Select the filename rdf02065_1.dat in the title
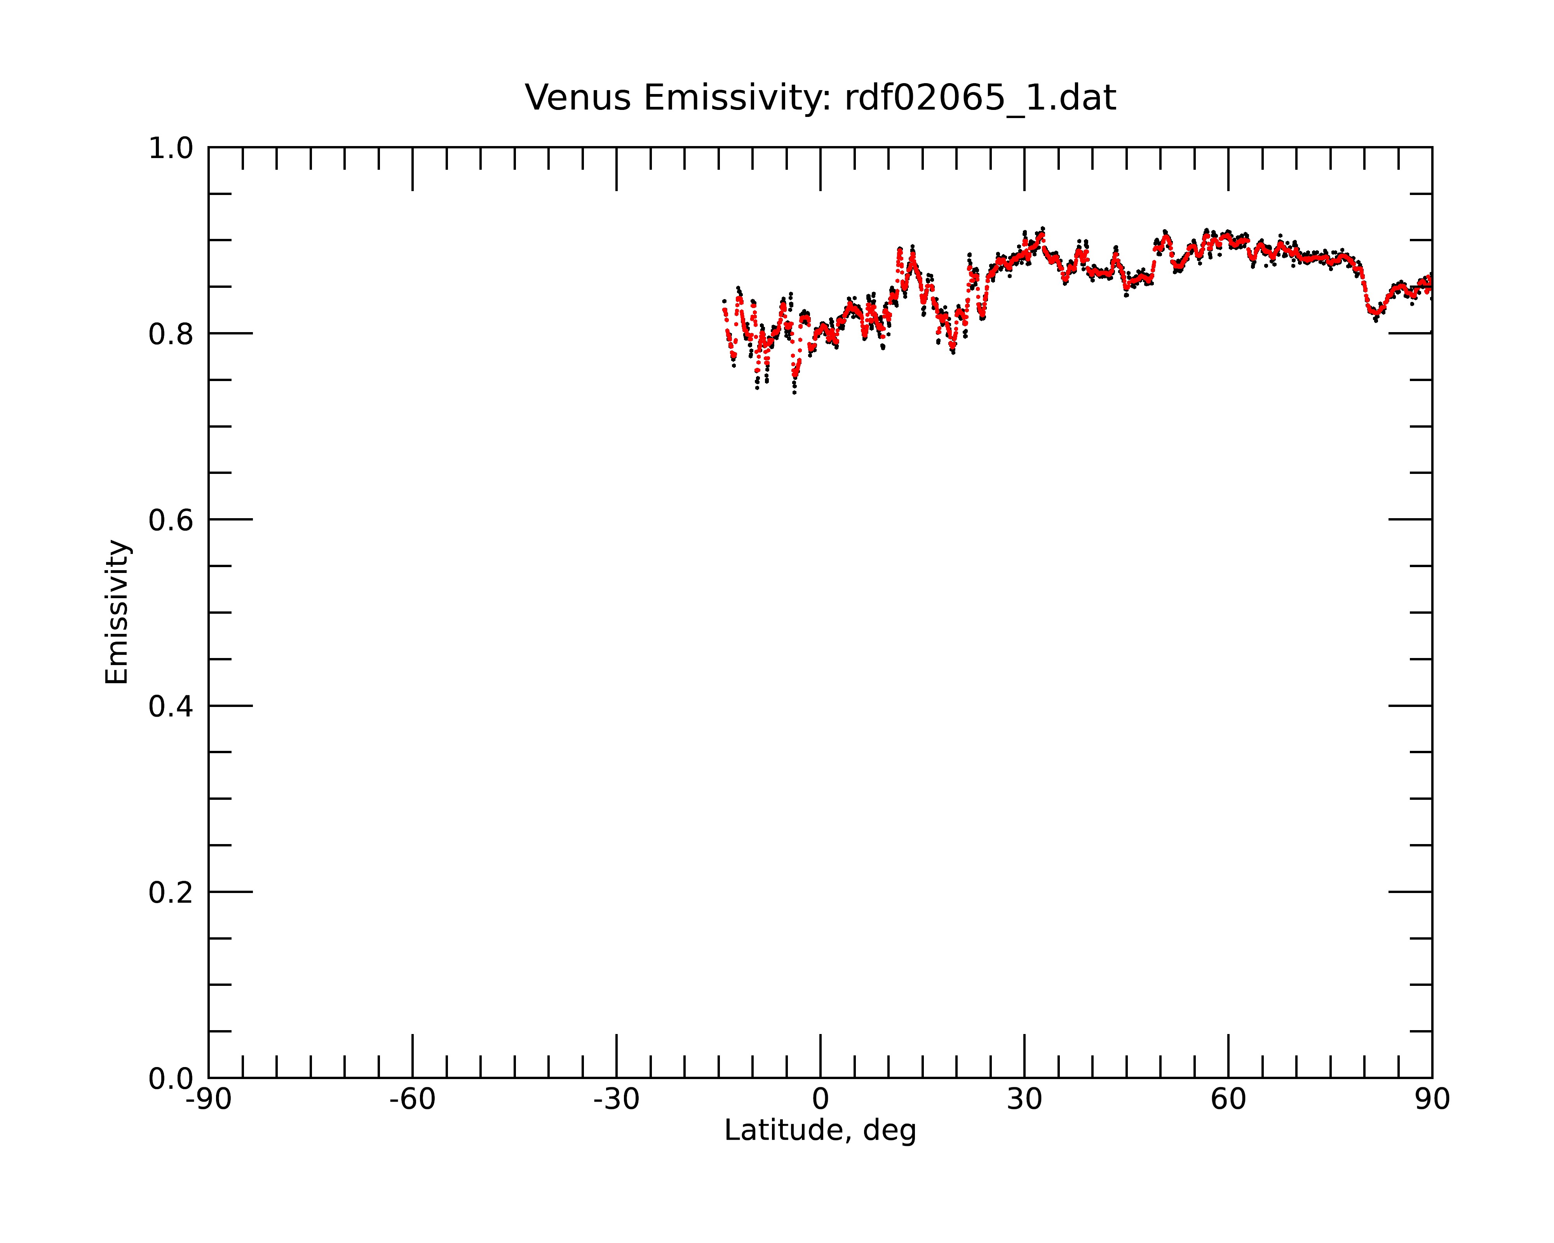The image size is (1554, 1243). (x=980, y=98)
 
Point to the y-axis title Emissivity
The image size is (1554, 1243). (x=117, y=612)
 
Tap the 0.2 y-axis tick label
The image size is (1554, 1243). (x=171, y=893)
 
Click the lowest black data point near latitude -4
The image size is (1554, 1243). (x=794, y=393)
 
